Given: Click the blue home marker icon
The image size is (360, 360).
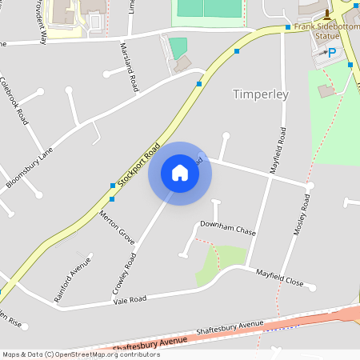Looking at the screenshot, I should (x=179, y=173).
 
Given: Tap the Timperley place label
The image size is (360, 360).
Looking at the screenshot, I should (x=259, y=94).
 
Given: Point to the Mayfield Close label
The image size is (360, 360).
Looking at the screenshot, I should (x=280, y=278).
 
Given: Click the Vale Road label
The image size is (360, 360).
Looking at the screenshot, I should (x=130, y=298).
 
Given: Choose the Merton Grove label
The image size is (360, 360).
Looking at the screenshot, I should (x=117, y=227).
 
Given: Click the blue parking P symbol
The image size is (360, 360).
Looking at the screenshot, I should (x=331, y=53).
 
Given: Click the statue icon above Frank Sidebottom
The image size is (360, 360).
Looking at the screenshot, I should (x=326, y=14).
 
